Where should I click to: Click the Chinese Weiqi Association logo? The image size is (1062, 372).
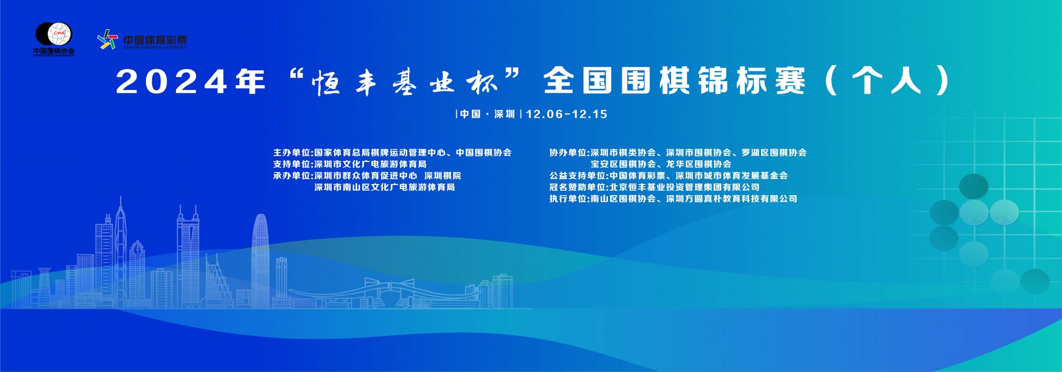(x=54, y=39)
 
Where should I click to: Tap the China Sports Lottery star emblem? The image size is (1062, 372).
(x=108, y=39)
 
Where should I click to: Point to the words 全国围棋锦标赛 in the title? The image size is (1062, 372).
(x=674, y=82)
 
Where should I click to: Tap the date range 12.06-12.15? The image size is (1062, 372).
(x=566, y=114)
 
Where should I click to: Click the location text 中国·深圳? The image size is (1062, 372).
(x=487, y=114)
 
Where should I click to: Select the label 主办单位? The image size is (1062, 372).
(x=292, y=153)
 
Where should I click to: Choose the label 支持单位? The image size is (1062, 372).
(x=292, y=164)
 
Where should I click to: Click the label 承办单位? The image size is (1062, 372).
(x=292, y=176)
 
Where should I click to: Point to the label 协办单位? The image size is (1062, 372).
(x=568, y=153)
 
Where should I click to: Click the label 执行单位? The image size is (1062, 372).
(x=568, y=199)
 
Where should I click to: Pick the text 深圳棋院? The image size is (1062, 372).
(x=442, y=176)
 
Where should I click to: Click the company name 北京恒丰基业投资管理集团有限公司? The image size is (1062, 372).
(x=685, y=187)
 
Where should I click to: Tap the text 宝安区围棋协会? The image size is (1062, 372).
(x=623, y=164)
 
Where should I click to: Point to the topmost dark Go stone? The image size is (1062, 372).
(x=973, y=186)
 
